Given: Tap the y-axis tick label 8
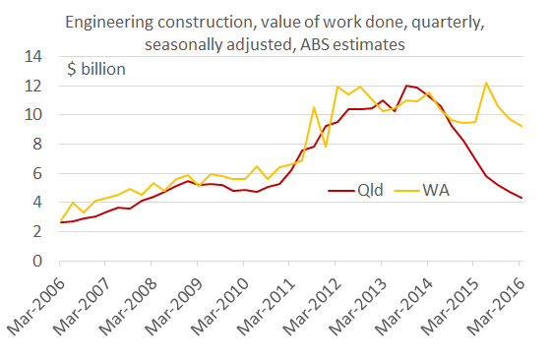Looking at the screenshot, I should point(38,145).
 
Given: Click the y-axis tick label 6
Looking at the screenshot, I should point(38,174).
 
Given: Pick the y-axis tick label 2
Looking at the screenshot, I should point(38,232).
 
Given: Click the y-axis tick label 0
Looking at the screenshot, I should point(38,262).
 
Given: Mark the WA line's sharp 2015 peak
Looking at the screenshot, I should point(486,83).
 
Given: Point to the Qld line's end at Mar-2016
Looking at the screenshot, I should point(520,199).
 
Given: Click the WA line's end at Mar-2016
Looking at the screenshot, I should point(520,126).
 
